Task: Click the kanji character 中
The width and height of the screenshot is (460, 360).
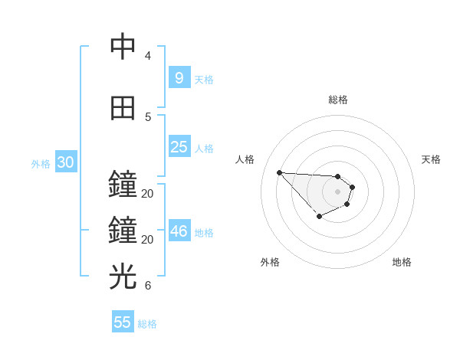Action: pos(123,47)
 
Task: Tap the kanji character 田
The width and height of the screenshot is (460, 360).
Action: pos(123,108)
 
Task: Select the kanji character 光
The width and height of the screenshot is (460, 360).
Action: pos(123,276)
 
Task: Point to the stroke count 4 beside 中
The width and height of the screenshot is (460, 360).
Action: pos(148,56)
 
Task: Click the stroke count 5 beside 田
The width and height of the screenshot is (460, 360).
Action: pos(148,116)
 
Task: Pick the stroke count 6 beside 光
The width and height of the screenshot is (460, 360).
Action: pos(148,286)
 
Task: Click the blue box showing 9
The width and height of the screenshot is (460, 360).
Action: pos(179,77)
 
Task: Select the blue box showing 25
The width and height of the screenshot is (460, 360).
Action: pos(179,147)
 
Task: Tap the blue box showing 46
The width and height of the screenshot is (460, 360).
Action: pos(179,231)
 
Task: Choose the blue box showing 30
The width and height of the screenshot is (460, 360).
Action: pos(65,162)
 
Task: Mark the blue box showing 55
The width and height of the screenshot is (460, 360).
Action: pos(123,322)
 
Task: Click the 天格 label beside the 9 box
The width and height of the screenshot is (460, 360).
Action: pos(204,79)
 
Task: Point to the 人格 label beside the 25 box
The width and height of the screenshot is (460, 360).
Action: pos(204,149)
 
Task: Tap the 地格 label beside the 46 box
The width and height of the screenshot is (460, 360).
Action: pos(204,233)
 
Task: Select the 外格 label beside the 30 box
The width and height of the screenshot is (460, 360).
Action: pos(41,164)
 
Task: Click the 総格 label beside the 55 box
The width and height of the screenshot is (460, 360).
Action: pos(147,324)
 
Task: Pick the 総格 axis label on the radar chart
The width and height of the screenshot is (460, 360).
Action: pos(338,100)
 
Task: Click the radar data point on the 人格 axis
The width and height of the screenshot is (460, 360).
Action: pos(279,172)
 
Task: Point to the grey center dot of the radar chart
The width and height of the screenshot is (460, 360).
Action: pos(337,191)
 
